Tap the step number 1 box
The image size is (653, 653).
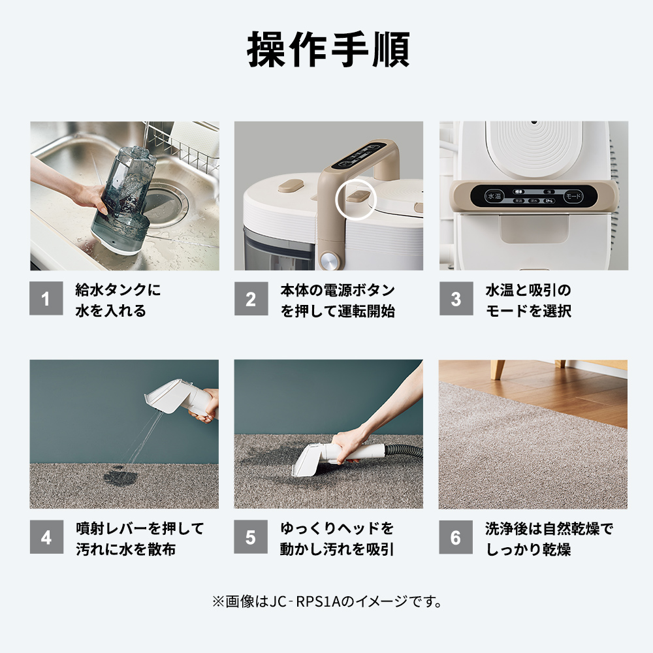pyautogui.click(x=46, y=299)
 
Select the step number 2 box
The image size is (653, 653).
pyautogui.click(x=251, y=299)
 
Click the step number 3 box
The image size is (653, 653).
pyautogui.click(x=455, y=299)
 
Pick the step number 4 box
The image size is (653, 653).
pyautogui.click(x=46, y=537)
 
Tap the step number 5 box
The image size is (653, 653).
pyautogui.click(x=251, y=537)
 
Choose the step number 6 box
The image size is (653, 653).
pyautogui.click(x=455, y=537)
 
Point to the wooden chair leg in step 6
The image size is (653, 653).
pyautogui.click(x=500, y=369)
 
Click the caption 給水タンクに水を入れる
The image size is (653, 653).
pyautogui.click(x=118, y=300)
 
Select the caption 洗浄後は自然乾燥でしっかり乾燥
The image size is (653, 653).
pyautogui.click(x=549, y=538)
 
